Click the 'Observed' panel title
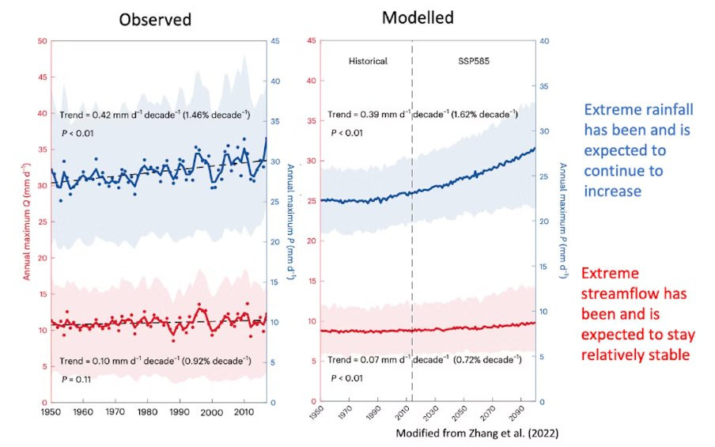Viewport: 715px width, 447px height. point(155,19)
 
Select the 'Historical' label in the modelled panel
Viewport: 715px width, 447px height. point(369,60)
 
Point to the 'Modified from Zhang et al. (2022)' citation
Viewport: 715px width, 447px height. point(477,434)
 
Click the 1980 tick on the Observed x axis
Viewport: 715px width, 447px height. point(147,412)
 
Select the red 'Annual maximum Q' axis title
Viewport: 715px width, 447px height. point(26,222)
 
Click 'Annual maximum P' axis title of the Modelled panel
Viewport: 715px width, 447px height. point(564,222)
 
